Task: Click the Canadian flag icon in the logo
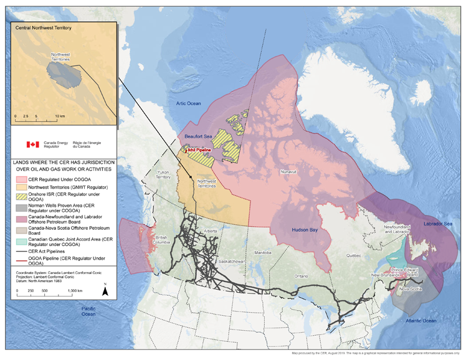32,144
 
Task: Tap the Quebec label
354,255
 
